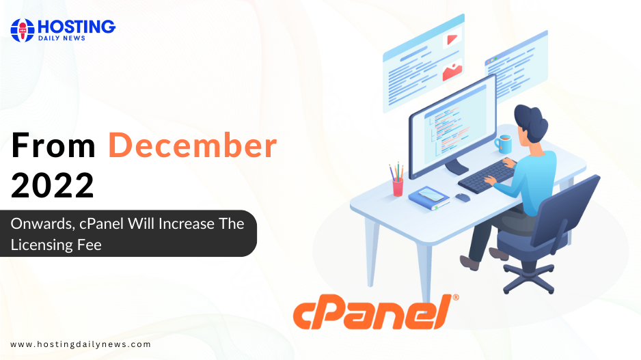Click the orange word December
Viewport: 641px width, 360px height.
(x=193, y=146)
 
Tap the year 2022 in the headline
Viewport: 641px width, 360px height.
(x=53, y=185)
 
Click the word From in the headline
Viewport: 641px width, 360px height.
(x=53, y=146)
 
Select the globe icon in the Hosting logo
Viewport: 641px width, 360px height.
(x=22, y=30)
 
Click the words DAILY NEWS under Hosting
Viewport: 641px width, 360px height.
(x=62, y=38)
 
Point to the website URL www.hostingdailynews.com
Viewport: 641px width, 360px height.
(x=81, y=344)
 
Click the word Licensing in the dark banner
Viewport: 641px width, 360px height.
(x=41, y=245)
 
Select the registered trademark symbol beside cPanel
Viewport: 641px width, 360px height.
(x=456, y=297)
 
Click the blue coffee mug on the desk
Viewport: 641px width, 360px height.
(x=504, y=144)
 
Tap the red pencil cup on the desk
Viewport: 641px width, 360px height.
(x=398, y=187)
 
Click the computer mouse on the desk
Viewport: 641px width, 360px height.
(x=463, y=198)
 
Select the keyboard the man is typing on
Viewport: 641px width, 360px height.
(x=487, y=176)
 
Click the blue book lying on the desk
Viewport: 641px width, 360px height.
(x=429, y=198)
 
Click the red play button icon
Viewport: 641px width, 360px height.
(x=452, y=39)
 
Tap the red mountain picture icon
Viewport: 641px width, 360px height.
(x=452, y=72)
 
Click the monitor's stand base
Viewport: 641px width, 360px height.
(x=456, y=167)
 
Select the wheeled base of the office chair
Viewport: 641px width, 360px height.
(x=529, y=277)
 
